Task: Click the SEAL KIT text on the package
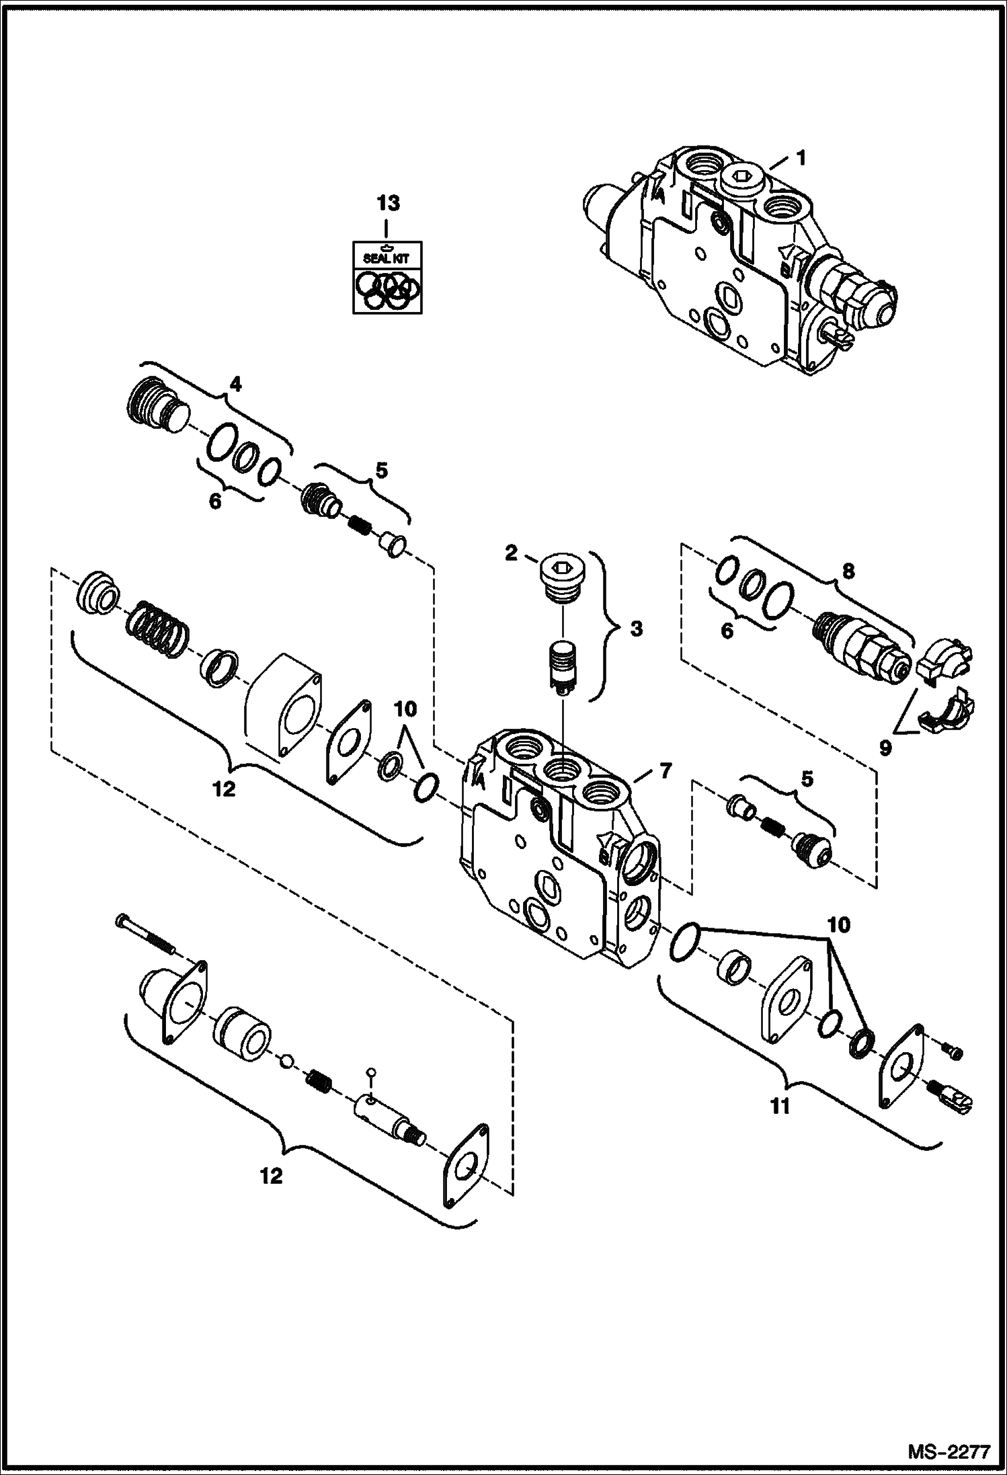[x=387, y=258]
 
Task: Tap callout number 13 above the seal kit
[x=388, y=203]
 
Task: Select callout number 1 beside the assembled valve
[x=800, y=159]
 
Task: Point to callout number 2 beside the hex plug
[x=512, y=554]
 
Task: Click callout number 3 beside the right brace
[x=635, y=629]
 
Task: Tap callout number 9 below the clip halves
[x=885, y=748]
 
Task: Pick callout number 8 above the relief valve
[x=848, y=572]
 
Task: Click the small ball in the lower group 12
[x=286, y=1061]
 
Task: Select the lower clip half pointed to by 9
[x=948, y=714]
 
